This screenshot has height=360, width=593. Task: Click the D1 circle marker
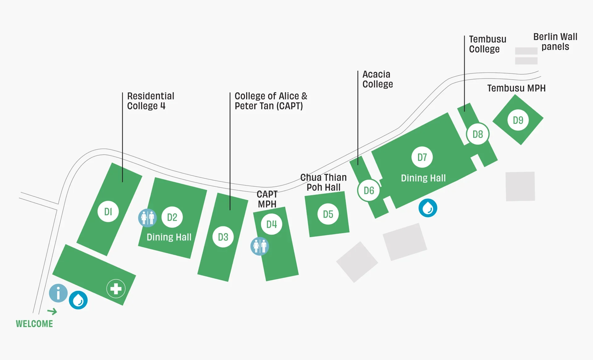pyautogui.click(x=108, y=211)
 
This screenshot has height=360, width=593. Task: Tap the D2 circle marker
pyautogui.click(x=172, y=217)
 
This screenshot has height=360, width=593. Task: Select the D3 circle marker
pyautogui.click(x=223, y=237)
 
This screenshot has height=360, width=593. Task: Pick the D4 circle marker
pyautogui.click(x=271, y=224)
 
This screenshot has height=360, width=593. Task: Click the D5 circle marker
pyautogui.click(x=328, y=214)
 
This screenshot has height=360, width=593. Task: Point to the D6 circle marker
pyautogui.click(x=369, y=190)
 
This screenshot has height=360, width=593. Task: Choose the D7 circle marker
pyautogui.click(x=422, y=157)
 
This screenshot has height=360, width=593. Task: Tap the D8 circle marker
pyautogui.click(x=477, y=134)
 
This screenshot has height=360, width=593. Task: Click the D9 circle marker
pyautogui.click(x=518, y=120)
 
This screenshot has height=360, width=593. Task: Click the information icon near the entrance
pyautogui.click(x=58, y=293)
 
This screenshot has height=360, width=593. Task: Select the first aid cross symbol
pyautogui.click(x=116, y=289)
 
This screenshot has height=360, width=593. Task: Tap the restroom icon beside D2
pyautogui.click(x=147, y=218)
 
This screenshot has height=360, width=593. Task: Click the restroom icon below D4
pyautogui.click(x=259, y=246)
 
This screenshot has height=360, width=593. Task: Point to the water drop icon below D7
pyautogui.click(x=428, y=208)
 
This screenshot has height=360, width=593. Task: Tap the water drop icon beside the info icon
pyautogui.click(x=78, y=300)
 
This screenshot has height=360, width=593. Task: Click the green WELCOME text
pyautogui.click(x=34, y=324)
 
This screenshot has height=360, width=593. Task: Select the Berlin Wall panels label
pyautogui.click(x=555, y=42)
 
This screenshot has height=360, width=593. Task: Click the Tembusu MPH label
pyautogui.click(x=516, y=88)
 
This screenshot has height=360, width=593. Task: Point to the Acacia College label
pyautogui.click(x=377, y=79)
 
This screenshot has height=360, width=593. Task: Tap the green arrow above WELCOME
pyautogui.click(x=52, y=311)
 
